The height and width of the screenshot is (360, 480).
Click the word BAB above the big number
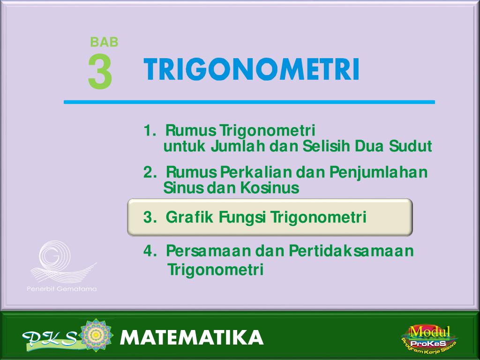(104, 42)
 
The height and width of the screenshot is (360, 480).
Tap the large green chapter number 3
(100, 72)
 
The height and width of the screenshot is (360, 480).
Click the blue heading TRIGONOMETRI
(251, 69)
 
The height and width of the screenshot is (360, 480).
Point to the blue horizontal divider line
(249, 102)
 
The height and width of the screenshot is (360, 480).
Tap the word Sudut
(411, 146)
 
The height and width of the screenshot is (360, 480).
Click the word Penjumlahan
(378, 172)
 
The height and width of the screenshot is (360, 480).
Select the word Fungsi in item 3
(242, 217)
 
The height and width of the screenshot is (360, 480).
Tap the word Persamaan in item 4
(208, 251)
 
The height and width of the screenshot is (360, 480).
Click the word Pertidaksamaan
(351, 251)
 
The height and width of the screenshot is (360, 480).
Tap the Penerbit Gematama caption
(62, 289)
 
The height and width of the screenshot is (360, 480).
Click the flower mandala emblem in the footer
(96, 335)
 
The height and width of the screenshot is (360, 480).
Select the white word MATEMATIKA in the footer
(192, 337)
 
